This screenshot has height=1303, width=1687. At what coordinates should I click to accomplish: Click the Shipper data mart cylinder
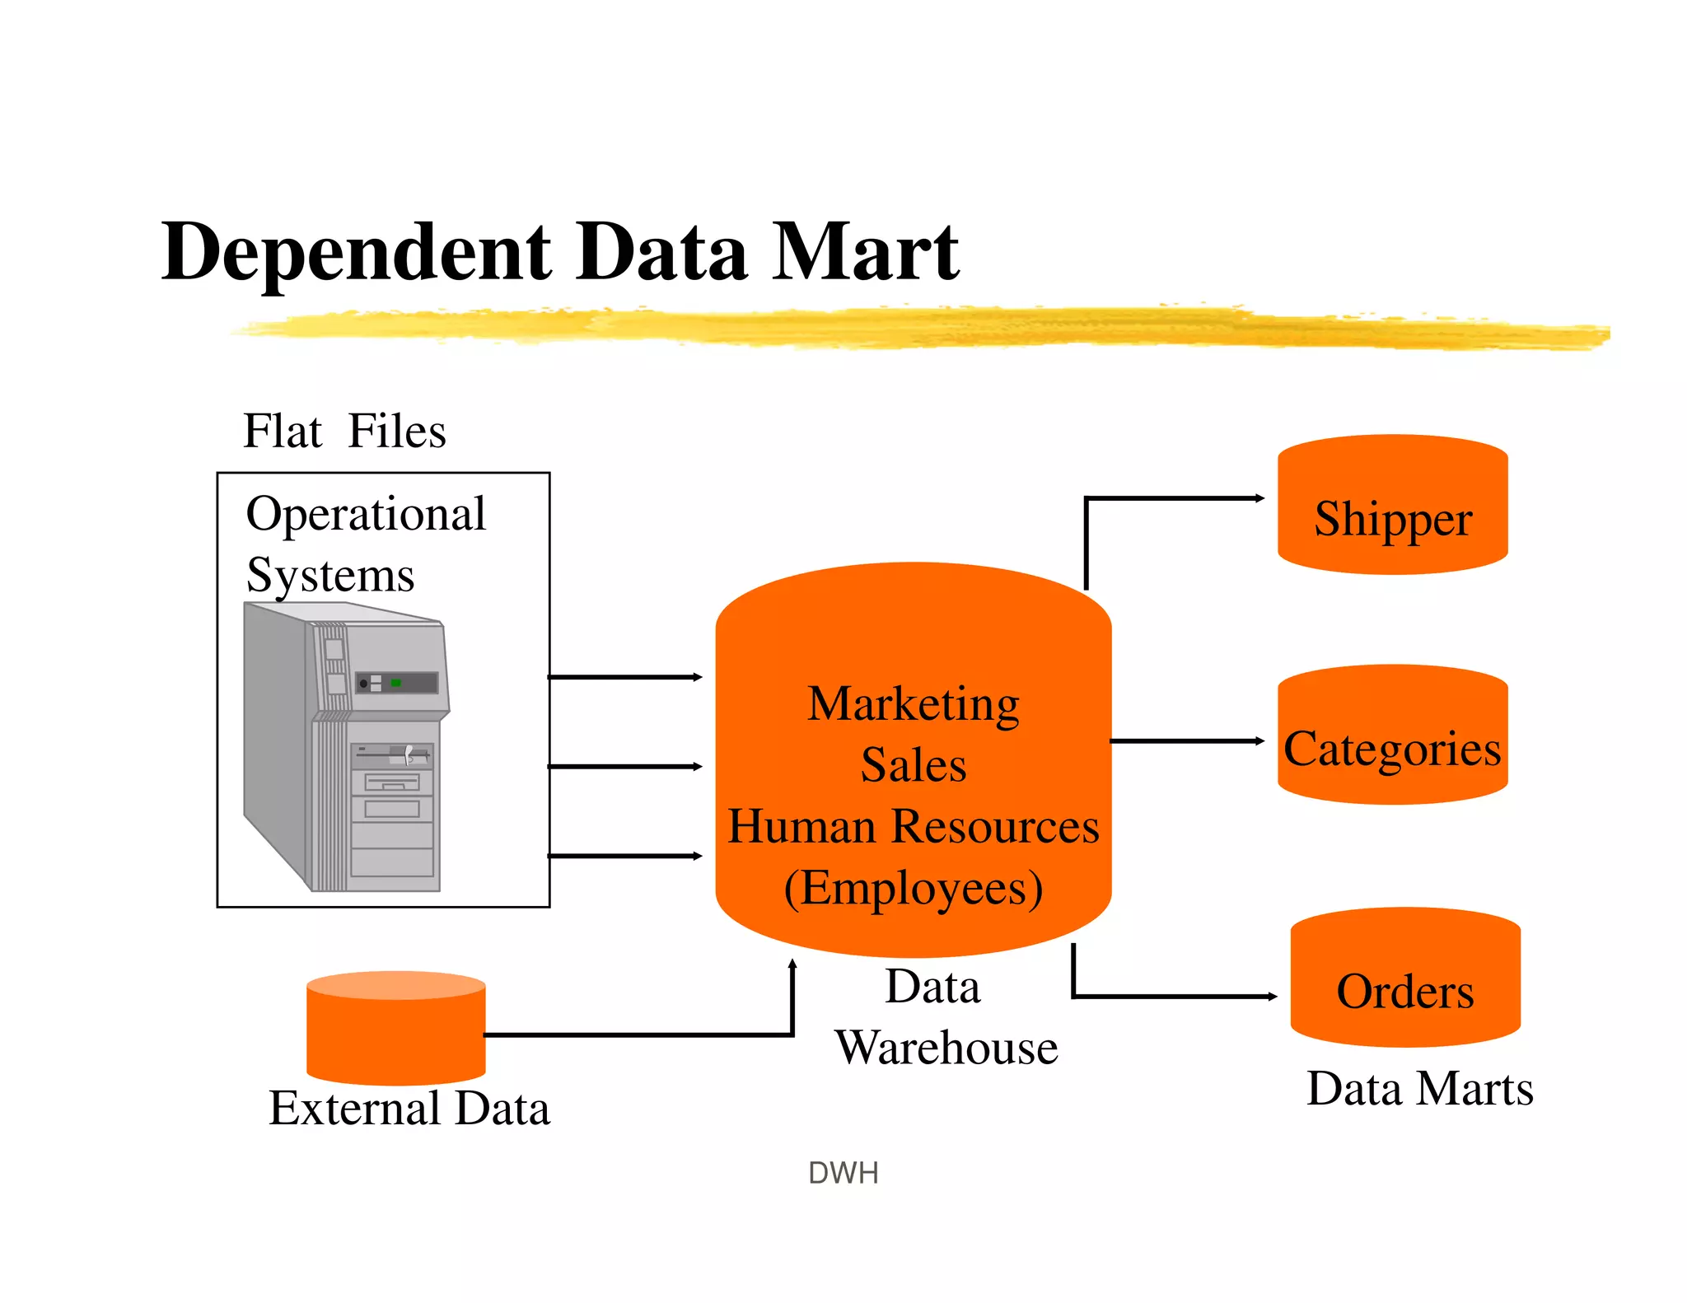(1392, 504)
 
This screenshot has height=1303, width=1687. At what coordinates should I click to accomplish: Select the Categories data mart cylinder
(1392, 735)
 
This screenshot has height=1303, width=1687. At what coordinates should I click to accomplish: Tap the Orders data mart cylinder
(1405, 977)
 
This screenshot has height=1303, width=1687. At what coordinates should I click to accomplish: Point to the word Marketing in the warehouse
(913, 704)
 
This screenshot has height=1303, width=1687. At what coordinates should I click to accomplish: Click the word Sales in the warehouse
(913, 765)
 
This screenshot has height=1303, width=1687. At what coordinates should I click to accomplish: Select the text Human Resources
(913, 826)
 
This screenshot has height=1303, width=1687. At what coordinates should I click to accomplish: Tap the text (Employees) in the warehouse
(913, 888)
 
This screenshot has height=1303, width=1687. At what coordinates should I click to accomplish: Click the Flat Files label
(344, 431)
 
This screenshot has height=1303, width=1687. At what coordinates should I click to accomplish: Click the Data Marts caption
(1419, 1089)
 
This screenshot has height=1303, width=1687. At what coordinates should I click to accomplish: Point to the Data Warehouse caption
(946, 1017)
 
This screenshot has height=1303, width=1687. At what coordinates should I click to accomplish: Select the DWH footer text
(843, 1173)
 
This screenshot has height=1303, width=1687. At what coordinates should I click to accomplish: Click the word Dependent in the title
(356, 252)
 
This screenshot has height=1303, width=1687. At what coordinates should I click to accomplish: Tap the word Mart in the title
(864, 252)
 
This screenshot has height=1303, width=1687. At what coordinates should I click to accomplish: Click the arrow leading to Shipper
(1170, 498)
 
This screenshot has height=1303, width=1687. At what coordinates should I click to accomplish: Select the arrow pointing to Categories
(1186, 741)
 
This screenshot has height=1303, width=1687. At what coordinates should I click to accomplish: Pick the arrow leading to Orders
(1170, 997)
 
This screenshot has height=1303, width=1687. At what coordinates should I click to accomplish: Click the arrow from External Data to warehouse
(643, 1034)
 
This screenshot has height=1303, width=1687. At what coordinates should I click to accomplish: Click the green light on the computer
(395, 683)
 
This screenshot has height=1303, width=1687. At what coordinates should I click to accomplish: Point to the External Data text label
(409, 1109)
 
